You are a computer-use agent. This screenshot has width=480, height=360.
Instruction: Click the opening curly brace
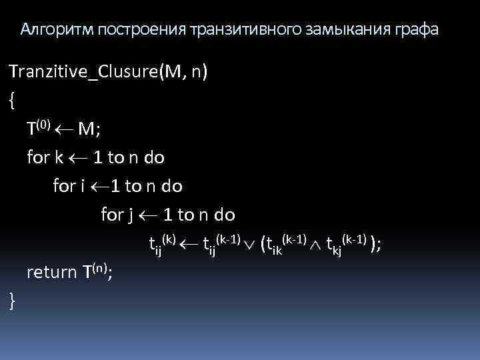(x=12, y=100)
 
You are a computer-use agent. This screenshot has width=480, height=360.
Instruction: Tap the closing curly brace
(x=12, y=301)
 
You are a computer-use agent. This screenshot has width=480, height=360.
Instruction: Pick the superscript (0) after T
(x=43, y=125)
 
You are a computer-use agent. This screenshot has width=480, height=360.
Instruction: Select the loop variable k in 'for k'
(x=59, y=158)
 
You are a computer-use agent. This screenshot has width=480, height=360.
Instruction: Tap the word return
(x=52, y=272)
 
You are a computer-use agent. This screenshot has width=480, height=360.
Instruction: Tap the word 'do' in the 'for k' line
(x=154, y=158)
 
